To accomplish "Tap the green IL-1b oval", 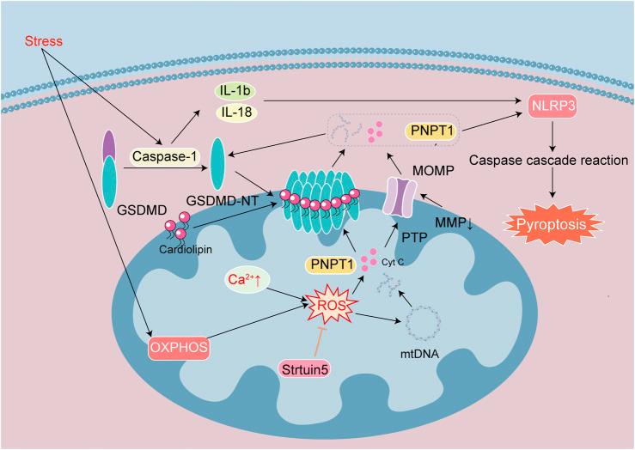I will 232,89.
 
